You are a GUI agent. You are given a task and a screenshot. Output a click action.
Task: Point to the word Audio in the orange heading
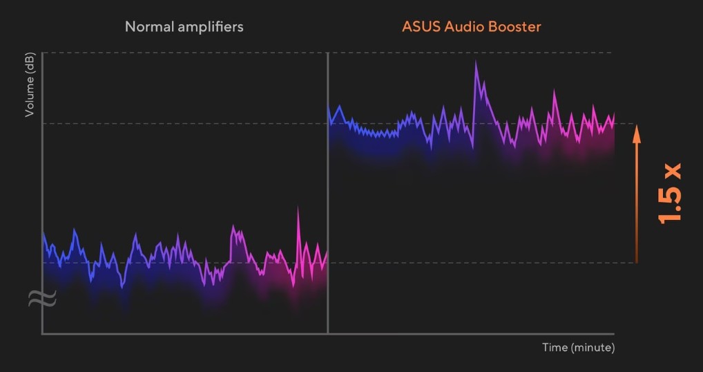tap(463, 28)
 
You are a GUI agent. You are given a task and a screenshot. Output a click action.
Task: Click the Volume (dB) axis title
tap(30, 86)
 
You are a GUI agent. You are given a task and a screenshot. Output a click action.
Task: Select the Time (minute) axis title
tap(578, 347)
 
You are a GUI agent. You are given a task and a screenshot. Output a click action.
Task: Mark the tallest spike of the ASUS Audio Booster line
tap(476, 62)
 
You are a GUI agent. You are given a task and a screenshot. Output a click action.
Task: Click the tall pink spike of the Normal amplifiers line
tap(298, 207)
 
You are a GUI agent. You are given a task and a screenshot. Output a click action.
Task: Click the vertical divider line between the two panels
tap(327, 194)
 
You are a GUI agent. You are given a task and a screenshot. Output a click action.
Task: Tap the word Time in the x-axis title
tap(555, 347)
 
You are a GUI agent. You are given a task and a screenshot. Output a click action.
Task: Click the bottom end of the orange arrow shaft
tap(637, 261)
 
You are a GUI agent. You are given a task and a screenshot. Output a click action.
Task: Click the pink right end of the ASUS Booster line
tap(614, 115)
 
